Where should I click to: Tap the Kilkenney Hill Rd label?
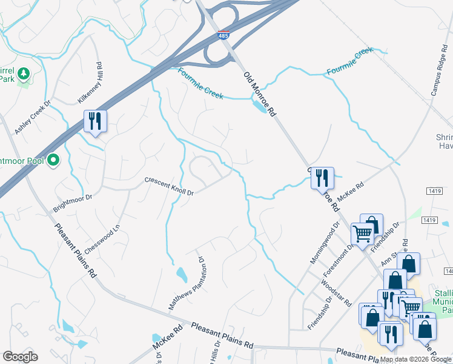[x=91, y=83]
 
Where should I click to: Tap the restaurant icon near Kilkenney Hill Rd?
[x=94, y=121]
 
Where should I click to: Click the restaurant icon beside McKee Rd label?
[x=322, y=178]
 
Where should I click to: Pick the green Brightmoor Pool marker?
[x=53, y=160]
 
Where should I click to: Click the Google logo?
[x=20, y=357]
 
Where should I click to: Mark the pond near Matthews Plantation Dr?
[x=181, y=275]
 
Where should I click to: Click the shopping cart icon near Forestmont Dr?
[x=362, y=232]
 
